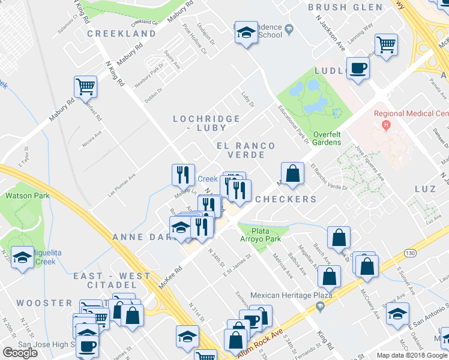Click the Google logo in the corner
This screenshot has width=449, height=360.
point(20,353)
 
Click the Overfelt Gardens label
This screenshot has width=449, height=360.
point(327,138)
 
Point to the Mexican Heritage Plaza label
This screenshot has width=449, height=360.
point(283,296)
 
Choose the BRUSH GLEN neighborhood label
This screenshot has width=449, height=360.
point(345,7)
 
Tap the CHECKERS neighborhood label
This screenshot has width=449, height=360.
point(286,199)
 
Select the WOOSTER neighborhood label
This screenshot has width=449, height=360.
point(44,302)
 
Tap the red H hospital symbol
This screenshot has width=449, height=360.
point(387,125)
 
